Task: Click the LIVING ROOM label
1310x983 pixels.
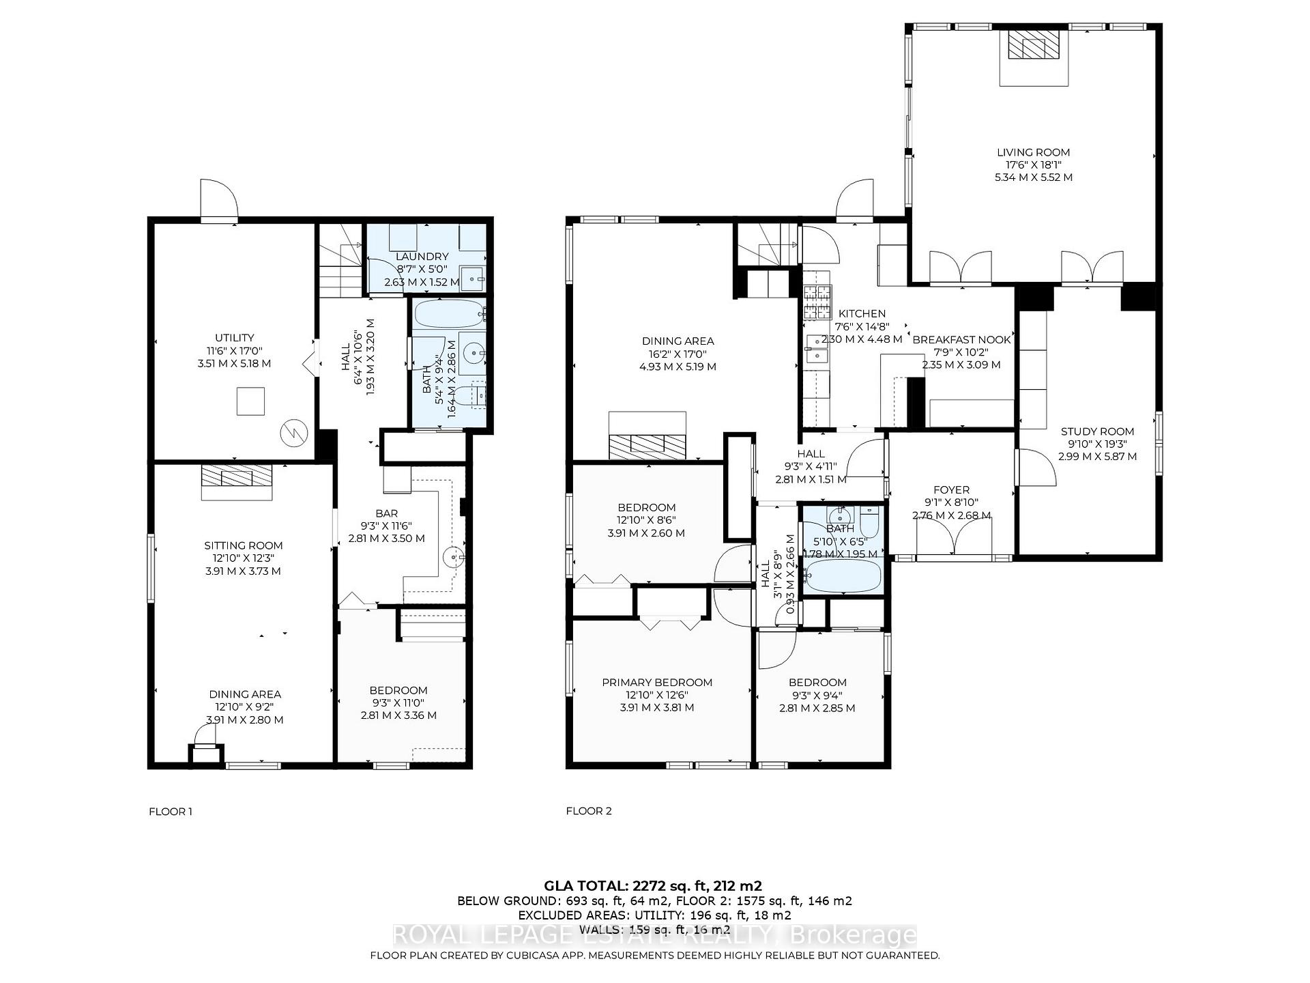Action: click(1033, 152)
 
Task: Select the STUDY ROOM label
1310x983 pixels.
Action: click(1097, 431)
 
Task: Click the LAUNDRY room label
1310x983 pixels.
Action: click(422, 257)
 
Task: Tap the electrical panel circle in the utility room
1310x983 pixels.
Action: click(294, 431)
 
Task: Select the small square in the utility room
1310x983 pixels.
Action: click(250, 401)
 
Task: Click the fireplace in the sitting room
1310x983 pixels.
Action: click(237, 476)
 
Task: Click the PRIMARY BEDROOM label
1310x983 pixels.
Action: click(656, 683)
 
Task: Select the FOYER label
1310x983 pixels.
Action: click(951, 490)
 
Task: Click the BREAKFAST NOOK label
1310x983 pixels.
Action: click(961, 340)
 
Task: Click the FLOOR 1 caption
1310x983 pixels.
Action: click(171, 812)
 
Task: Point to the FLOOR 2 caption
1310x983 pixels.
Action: click(589, 811)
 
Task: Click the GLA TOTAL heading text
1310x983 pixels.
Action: click(652, 886)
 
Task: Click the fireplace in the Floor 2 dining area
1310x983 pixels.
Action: click(647, 446)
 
